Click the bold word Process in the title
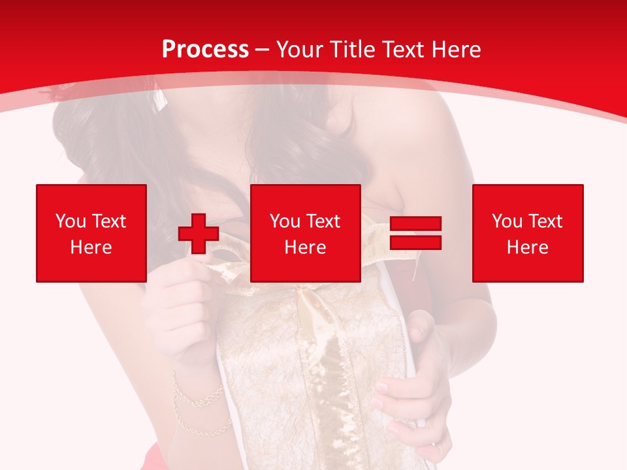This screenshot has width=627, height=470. [x=205, y=50]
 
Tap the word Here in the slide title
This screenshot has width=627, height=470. [x=453, y=50]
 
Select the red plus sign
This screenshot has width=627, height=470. [x=199, y=233]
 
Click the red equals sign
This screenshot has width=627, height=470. [x=415, y=233]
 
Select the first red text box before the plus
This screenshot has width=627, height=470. [x=91, y=233]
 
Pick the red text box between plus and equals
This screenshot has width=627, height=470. [x=305, y=233]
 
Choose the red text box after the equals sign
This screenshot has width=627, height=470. [x=527, y=233]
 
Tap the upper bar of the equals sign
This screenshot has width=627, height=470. [x=415, y=224]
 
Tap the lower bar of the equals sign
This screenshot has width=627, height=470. [x=415, y=242]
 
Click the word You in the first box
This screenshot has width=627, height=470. [x=69, y=221]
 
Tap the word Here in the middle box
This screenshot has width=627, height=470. [x=305, y=247]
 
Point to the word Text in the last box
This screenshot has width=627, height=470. [x=544, y=221]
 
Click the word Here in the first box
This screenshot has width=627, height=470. [x=91, y=247]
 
